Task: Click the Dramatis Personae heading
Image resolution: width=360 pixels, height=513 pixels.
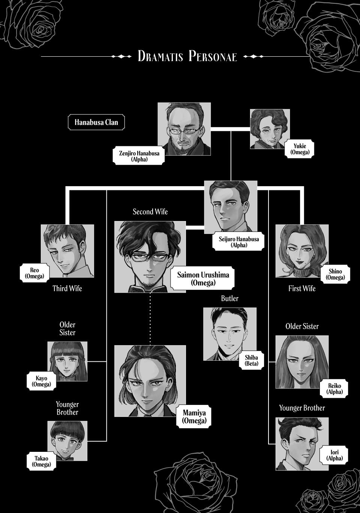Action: click(x=187, y=56)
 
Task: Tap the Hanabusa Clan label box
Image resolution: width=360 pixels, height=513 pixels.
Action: click(x=96, y=122)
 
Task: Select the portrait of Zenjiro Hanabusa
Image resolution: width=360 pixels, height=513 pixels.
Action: click(x=184, y=129)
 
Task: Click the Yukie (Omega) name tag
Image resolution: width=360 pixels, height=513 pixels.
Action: click(x=299, y=149)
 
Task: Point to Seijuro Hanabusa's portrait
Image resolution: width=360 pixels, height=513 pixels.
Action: click(x=231, y=207)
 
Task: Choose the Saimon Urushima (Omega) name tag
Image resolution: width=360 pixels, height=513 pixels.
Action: click(x=203, y=278)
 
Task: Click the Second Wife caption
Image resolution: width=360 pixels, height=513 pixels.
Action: click(x=150, y=212)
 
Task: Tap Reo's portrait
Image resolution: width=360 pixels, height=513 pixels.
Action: click(x=67, y=251)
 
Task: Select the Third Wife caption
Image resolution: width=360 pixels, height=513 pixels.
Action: click(x=67, y=289)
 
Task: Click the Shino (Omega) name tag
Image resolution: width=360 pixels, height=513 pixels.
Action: click(x=335, y=274)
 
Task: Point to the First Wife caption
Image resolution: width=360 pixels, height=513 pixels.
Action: click(x=302, y=289)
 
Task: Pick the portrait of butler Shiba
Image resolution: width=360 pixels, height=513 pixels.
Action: click(x=230, y=334)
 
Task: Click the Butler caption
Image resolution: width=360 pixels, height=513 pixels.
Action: click(x=230, y=298)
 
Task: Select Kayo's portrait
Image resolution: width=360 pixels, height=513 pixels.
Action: click(x=67, y=361)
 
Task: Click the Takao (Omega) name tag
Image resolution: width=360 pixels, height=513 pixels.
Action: click(x=41, y=461)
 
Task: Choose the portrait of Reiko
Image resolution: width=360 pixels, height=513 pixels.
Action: click(x=302, y=362)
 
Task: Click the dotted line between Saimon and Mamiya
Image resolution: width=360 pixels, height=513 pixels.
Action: click(x=150, y=319)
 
